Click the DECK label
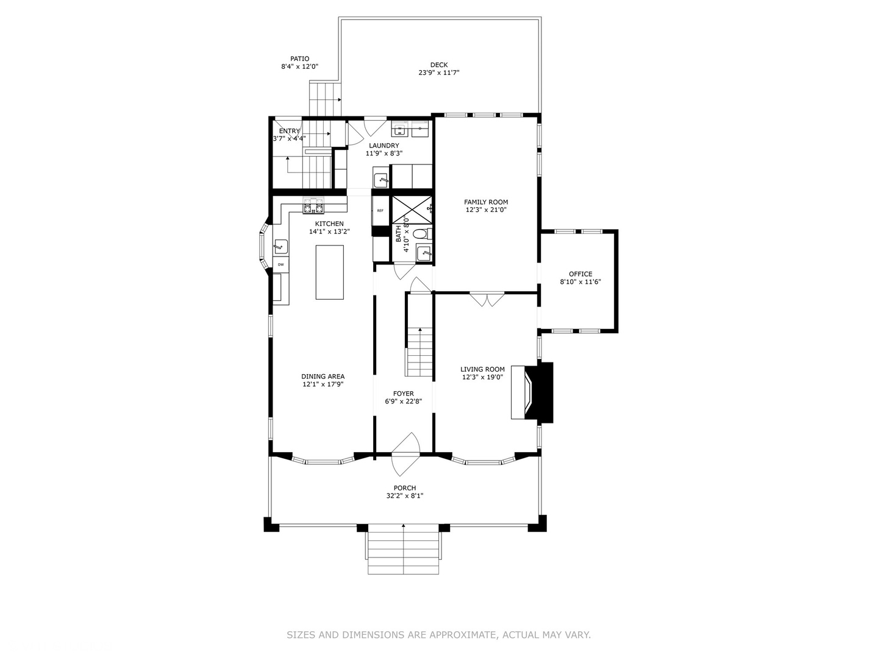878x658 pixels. click(438, 65)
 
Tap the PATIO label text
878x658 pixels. click(299, 59)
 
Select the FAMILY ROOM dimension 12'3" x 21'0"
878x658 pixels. click(485, 210)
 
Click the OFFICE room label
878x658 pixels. click(580, 274)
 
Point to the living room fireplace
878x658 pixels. click(532, 392)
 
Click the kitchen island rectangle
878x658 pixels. click(329, 272)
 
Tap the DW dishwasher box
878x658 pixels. click(280, 264)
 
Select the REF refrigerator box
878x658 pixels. click(380, 211)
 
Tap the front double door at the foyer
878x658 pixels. click(405, 454)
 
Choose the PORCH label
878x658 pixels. click(404, 488)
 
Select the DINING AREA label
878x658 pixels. click(323, 377)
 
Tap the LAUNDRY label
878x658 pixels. click(384, 146)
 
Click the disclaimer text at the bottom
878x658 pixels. click(438, 635)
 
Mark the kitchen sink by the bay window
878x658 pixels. click(280, 246)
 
